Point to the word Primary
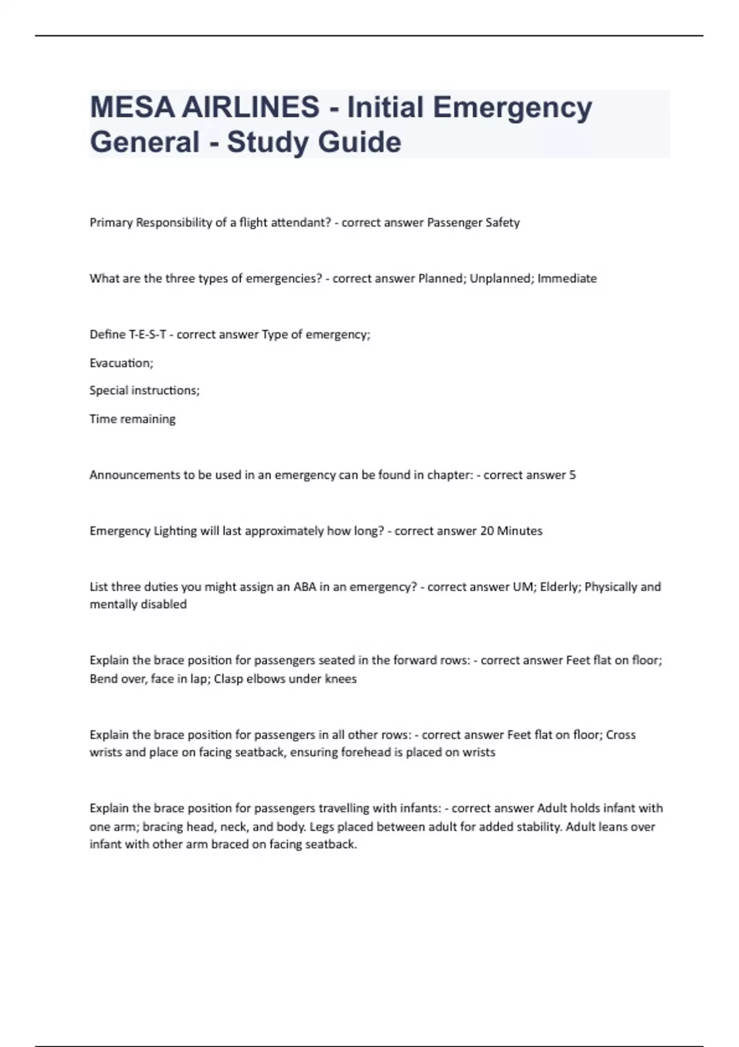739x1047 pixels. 111,222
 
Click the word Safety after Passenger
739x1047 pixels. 503,222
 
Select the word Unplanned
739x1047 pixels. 501,278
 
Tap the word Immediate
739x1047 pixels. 567,278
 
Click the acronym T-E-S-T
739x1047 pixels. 147,334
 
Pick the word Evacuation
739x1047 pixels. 121,363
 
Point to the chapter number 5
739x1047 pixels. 572,475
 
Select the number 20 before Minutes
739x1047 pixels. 487,531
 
